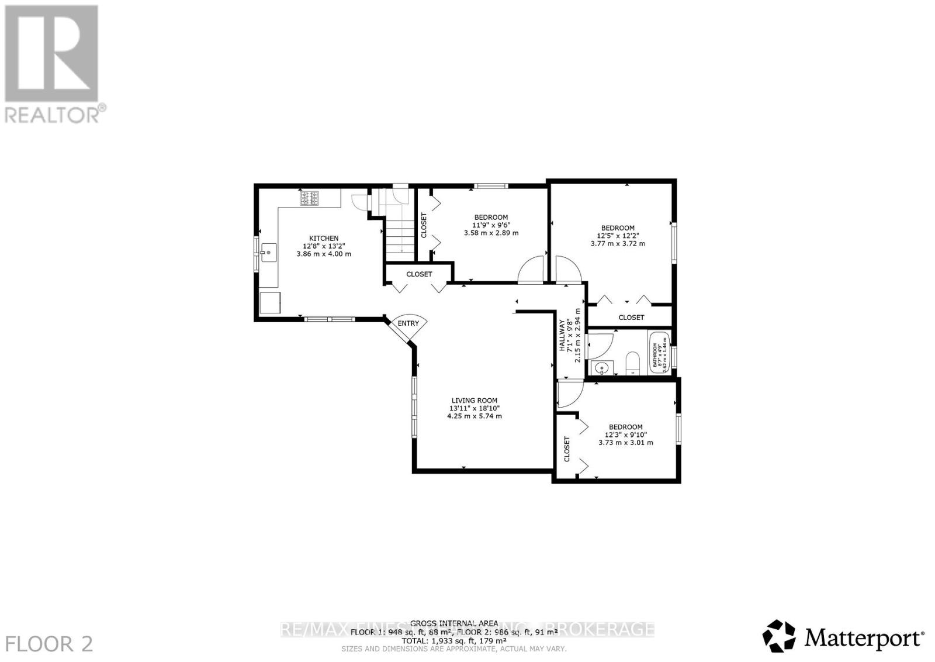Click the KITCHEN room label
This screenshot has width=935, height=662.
(324, 238)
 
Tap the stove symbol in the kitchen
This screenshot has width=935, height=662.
(310, 199)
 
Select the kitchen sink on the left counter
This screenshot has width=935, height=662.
(269, 253)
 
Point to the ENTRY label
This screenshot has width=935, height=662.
(408, 323)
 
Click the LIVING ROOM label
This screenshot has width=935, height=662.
(474, 401)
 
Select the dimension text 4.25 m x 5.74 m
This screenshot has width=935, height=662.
(474, 416)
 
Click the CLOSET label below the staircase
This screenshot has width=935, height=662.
(419, 274)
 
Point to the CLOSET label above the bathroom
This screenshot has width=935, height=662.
(631, 318)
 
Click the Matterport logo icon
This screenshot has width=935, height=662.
(778, 636)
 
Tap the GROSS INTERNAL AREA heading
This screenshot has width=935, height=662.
(454, 623)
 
